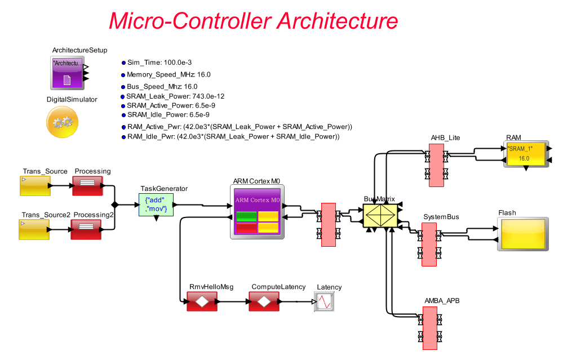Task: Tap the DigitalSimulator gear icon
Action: tap(62, 121)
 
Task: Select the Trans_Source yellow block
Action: tap(35, 185)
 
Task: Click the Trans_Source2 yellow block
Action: tap(35, 229)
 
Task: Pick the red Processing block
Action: tap(87, 185)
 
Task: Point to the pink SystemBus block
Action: tap(428, 244)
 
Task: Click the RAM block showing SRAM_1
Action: tap(525, 154)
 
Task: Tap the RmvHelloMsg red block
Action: tap(201, 303)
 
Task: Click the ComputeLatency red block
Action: tap(264, 303)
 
